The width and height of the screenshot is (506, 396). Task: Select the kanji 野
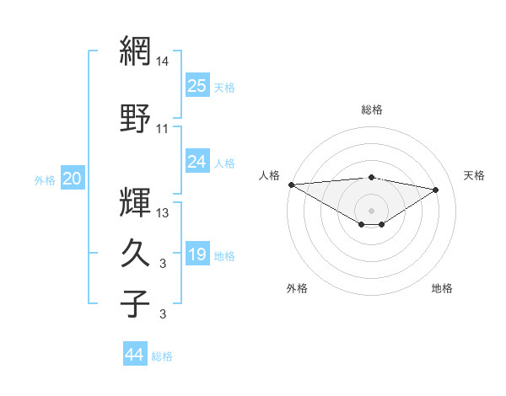[136, 118]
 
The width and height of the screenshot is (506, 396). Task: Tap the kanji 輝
[136, 202]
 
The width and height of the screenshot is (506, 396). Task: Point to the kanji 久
[136, 253]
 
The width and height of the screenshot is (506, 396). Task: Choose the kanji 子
[136, 303]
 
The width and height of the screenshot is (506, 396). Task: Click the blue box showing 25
[197, 85]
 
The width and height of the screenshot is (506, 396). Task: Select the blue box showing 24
[197, 162]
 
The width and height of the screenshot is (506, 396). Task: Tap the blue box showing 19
[197, 254]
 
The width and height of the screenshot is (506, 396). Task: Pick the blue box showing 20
[73, 179]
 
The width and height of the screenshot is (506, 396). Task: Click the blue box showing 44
[135, 355]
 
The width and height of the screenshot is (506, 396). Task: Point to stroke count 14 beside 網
[163, 62]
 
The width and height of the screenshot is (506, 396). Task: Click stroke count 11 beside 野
[163, 129]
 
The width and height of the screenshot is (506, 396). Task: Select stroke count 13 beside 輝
[163, 213]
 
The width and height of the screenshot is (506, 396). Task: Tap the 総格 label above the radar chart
[371, 110]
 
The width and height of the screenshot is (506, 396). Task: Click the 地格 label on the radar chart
[442, 288]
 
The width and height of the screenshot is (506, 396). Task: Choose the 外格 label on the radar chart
[297, 288]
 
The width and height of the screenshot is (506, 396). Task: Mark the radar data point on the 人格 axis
[291, 185]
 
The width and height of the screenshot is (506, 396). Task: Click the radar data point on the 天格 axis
[436, 189]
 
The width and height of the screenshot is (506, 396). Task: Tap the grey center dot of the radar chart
[371, 210]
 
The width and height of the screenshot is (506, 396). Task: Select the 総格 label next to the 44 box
[163, 356]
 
